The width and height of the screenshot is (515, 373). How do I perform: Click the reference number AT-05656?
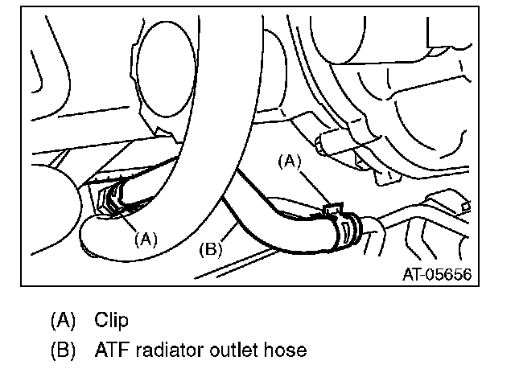[436, 275]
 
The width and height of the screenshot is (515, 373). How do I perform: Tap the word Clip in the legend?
[111, 320]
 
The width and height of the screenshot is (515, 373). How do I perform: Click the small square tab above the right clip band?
[330, 209]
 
